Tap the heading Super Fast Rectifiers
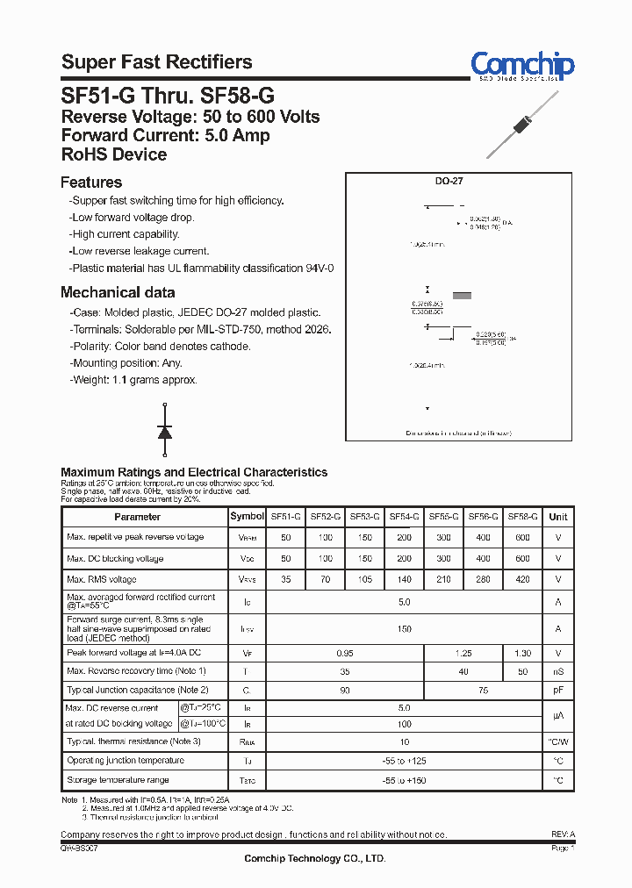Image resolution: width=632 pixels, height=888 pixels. [x=156, y=62]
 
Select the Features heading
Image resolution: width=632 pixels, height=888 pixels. [x=91, y=183]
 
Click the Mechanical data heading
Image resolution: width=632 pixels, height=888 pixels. [x=118, y=292]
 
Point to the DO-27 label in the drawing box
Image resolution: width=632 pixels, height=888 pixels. [x=449, y=181]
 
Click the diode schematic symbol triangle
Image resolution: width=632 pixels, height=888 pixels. [x=164, y=431]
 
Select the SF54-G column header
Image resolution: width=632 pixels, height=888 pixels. [x=404, y=517]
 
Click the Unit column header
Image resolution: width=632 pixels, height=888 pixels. [x=558, y=517]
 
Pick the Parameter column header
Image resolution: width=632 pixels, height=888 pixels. [x=138, y=517]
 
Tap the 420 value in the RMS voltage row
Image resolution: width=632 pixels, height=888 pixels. [x=522, y=579]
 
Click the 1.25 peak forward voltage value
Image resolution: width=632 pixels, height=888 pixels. [x=463, y=653]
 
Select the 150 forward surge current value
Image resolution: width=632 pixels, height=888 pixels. [x=404, y=628]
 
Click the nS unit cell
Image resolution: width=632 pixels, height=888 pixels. [x=558, y=671]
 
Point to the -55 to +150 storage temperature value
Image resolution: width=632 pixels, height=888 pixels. [x=404, y=780]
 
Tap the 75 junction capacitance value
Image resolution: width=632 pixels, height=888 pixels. [x=483, y=691]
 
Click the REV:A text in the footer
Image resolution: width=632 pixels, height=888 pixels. [x=563, y=834]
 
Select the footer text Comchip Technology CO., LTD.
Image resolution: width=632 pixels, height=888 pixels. [x=314, y=859]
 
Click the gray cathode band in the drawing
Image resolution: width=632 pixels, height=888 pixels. [x=461, y=296]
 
